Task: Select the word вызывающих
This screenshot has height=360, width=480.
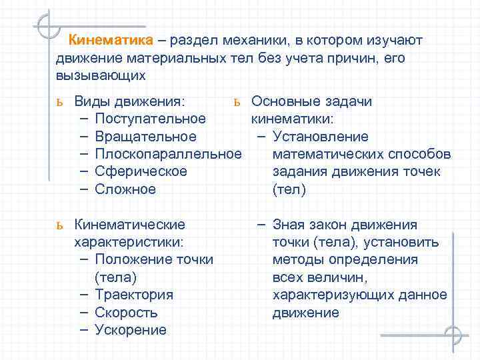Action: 101,75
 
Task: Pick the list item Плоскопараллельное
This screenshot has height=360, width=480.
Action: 168,154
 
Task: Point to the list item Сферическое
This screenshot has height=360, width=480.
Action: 141,171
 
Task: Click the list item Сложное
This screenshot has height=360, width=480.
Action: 125,189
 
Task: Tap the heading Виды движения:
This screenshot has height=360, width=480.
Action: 130,101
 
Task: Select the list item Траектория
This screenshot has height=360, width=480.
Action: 134,295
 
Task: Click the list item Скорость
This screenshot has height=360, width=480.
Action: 126,312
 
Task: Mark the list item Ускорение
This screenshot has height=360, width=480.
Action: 131,329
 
